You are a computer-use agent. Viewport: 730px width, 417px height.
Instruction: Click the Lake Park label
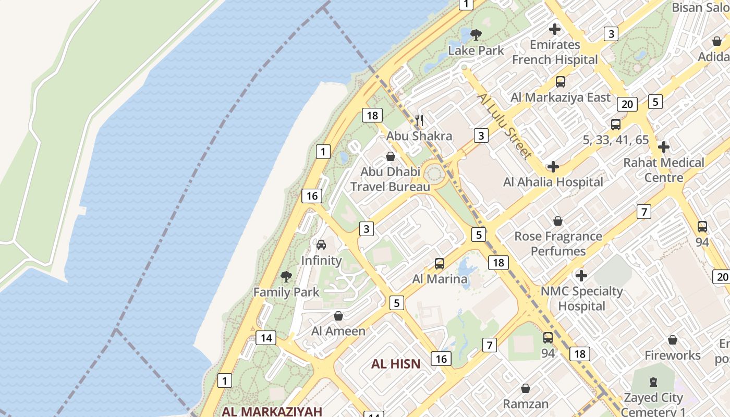click(x=476, y=51)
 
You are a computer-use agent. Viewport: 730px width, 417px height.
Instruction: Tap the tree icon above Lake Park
click(x=476, y=35)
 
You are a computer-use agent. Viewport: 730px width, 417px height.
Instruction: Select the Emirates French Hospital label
click(x=555, y=52)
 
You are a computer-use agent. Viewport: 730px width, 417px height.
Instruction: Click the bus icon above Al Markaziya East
click(x=561, y=82)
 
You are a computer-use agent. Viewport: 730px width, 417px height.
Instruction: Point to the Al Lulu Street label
click(x=504, y=126)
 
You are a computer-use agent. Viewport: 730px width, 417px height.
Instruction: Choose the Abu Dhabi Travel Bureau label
click(x=390, y=179)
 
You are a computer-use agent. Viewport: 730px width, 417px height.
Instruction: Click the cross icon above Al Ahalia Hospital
click(x=553, y=167)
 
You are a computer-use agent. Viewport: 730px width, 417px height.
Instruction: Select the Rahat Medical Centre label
click(x=664, y=170)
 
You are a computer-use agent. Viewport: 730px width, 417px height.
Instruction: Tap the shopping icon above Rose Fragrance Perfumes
click(x=558, y=221)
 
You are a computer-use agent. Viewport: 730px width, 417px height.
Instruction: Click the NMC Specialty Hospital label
click(x=581, y=298)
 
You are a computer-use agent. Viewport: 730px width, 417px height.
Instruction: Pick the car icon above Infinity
click(x=321, y=245)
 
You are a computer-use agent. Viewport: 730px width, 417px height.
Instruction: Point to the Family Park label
click(x=286, y=292)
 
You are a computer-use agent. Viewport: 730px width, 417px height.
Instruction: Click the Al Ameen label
click(x=338, y=331)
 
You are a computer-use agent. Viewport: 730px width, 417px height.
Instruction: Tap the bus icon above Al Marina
click(x=440, y=264)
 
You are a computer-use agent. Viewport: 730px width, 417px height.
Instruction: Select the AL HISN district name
click(x=396, y=364)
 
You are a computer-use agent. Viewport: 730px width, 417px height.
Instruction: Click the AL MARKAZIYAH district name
click(x=272, y=411)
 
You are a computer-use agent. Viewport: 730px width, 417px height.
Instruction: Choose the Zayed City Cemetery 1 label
click(x=653, y=404)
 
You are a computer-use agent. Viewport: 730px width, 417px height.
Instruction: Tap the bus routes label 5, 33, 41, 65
click(x=616, y=140)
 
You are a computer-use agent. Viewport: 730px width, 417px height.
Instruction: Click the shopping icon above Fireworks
click(x=673, y=340)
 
